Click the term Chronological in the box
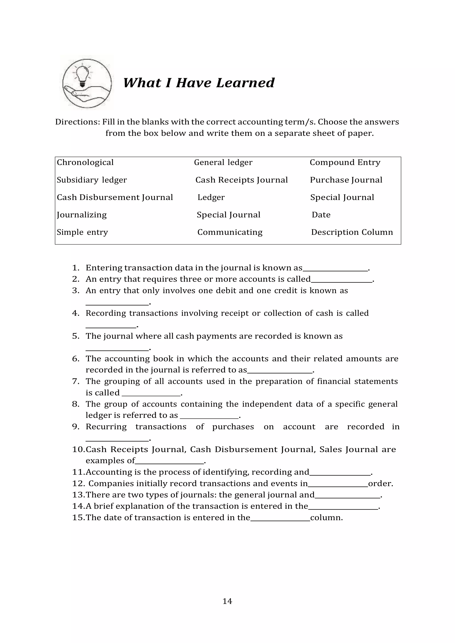85,162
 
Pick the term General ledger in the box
223,162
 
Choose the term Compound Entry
345,162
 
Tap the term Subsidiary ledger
92,180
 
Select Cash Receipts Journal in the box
241,180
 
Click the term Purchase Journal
346,180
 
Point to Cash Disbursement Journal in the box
115,197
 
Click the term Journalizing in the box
82,215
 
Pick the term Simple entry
82,232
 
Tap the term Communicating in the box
230,232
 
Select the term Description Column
352,232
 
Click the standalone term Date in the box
321,215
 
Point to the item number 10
78,450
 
